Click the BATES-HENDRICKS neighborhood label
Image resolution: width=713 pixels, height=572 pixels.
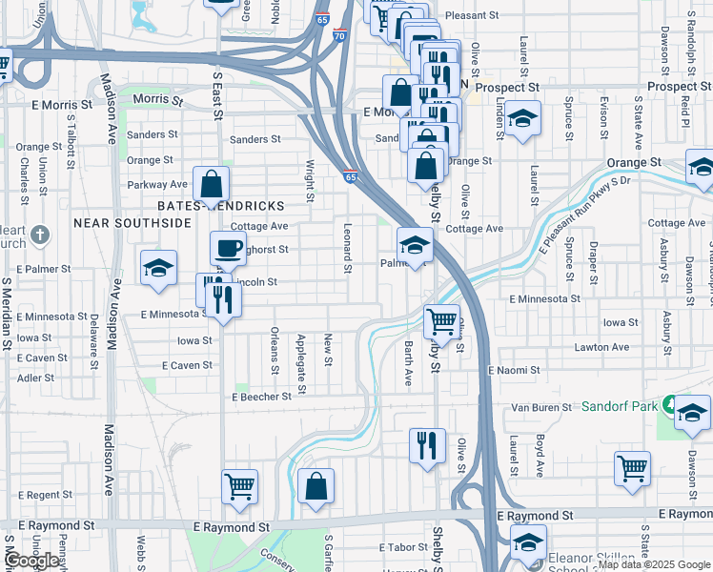click(220, 206)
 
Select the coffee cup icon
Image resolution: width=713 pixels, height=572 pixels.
click(228, 249)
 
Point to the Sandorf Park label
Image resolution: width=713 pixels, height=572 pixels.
click(620, 406)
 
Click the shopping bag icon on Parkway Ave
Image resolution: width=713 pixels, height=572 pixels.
click(212, 184)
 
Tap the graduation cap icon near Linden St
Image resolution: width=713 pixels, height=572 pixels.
click(522, 120)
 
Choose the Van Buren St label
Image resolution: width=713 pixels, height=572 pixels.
click(540, 407)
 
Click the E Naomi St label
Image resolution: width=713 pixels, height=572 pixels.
click(514, 369)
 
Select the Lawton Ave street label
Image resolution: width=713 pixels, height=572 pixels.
click(601, 347)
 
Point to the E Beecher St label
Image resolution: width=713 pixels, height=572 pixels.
click(260, 397)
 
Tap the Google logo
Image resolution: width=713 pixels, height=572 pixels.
click(32, 561)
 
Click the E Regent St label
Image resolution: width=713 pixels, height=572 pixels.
click(44, 495)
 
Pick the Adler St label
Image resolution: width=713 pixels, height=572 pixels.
click(35, 378)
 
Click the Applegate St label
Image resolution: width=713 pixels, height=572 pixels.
click(301, 363)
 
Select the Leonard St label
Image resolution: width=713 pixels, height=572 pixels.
click(347, 246)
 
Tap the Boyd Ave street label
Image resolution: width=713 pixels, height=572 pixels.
click(539, 456)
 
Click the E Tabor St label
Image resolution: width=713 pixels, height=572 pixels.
click(399, 547)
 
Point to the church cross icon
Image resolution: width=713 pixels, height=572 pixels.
click(40, 234)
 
